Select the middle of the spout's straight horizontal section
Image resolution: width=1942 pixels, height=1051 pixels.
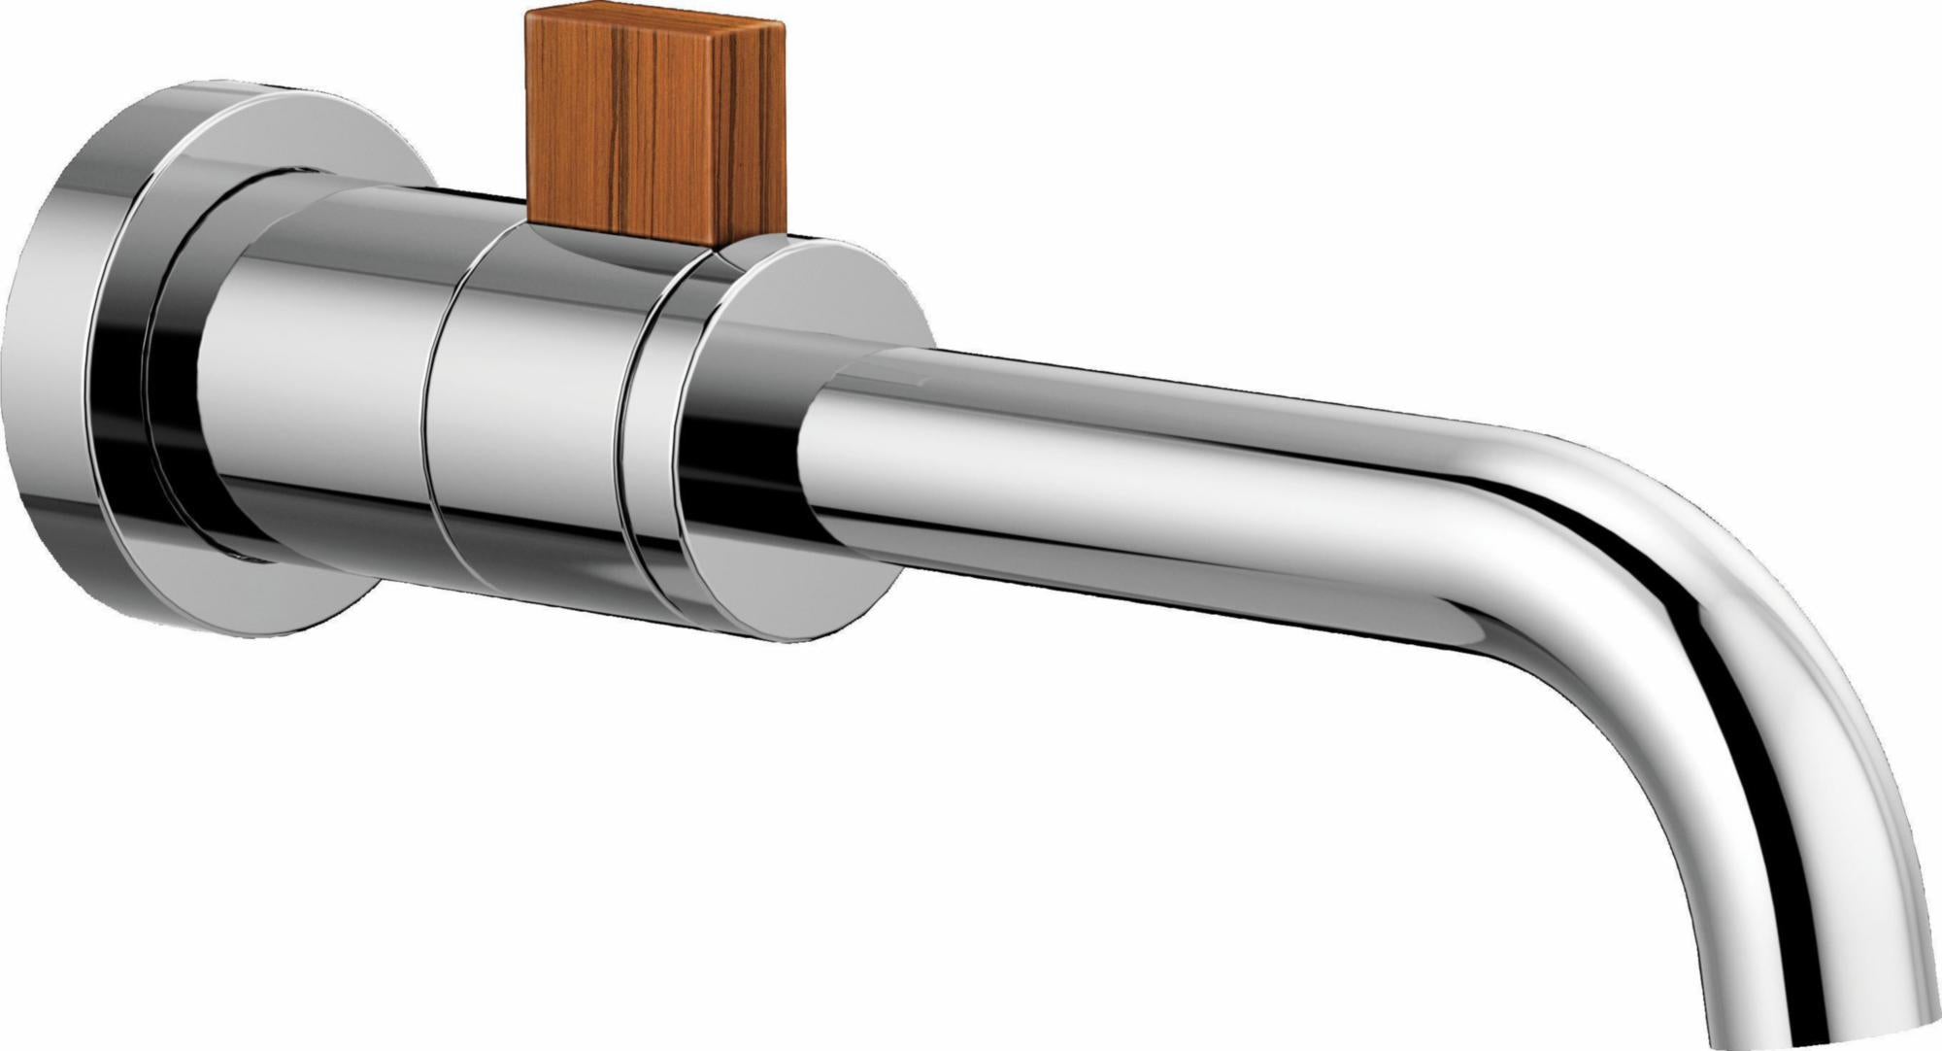[1165, 486]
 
